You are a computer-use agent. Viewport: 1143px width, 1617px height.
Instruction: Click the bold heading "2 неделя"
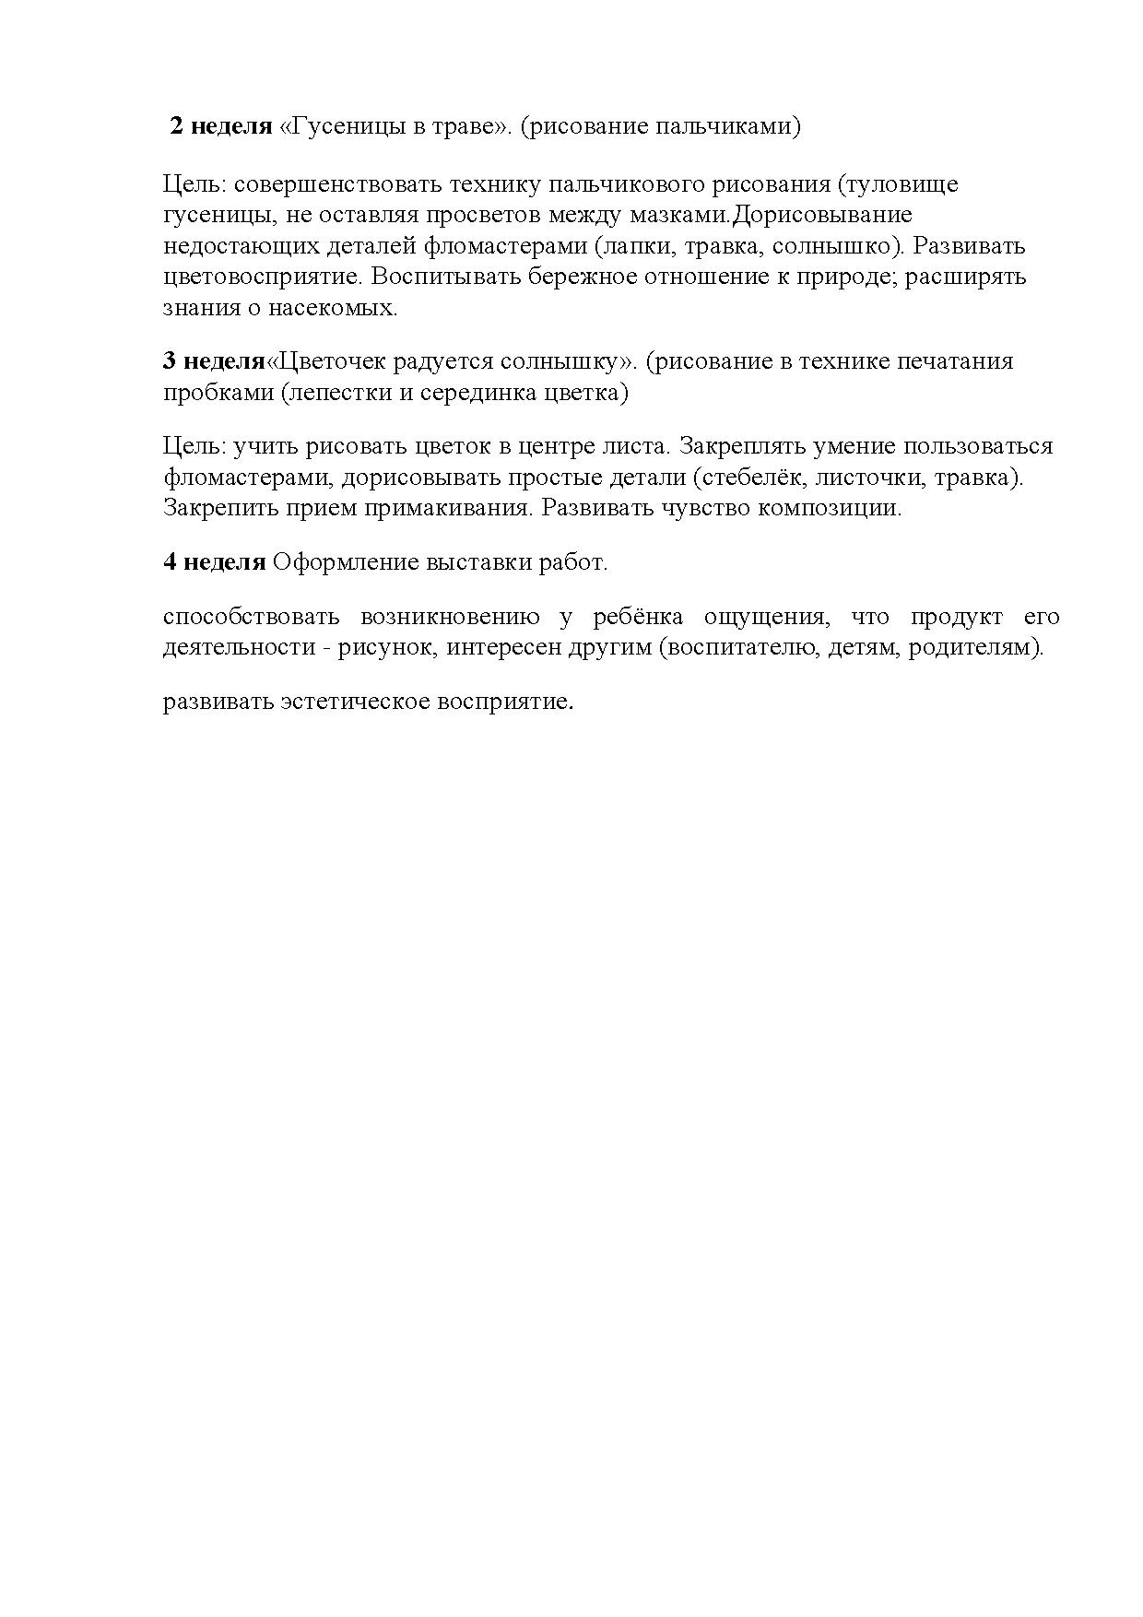coord(221,126)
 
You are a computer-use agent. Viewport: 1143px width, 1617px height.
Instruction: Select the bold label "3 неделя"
coord(214,360)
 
